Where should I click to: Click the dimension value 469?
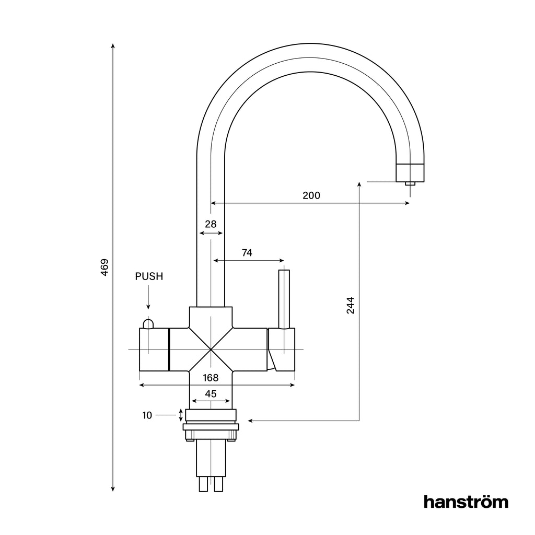tap(104, 267)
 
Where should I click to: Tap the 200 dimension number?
tap(311, 195)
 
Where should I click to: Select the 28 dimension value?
tap(211, 224)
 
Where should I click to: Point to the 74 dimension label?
tap(247, 253)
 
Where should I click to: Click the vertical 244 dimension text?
tap(351, 305)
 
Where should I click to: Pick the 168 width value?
tap(211, 377)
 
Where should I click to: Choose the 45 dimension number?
tap(211, 394)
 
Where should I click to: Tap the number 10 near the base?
tap(147, 415)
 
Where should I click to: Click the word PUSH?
tap(149, 276)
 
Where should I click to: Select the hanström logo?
tap(466, 502)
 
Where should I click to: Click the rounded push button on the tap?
tap(148, 323)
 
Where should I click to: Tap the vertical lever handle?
tap(284, 299)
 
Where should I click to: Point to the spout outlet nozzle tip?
tap(410, 183)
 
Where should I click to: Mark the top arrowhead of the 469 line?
tap(113, 46)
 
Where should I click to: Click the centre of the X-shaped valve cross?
tap(210, 349)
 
